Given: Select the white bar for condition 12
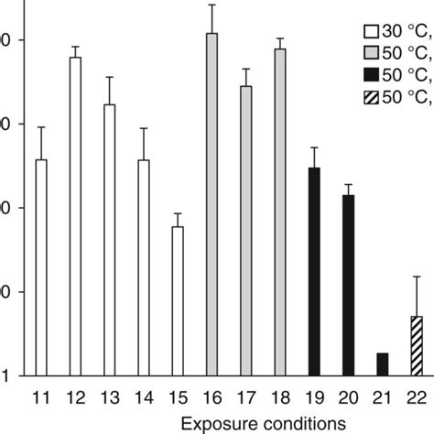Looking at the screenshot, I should pos(75,216).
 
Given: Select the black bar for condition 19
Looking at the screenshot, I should pos(314,271).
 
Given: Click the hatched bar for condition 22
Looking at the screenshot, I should pos(417,345).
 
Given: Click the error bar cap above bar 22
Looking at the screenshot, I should pos(417,276).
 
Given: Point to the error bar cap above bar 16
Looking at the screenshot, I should pos(212,5).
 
